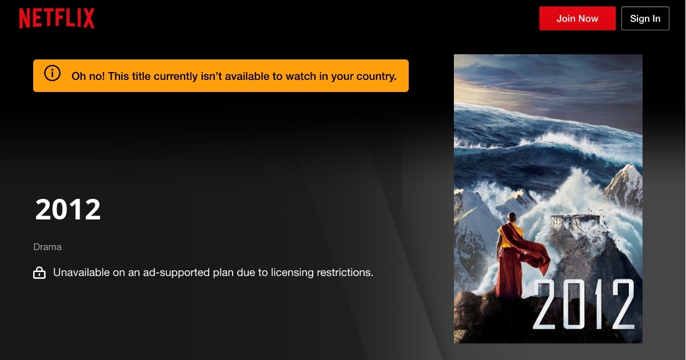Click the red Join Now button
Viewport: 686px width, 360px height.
(577, 18)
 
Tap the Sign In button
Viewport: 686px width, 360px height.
(645, 18)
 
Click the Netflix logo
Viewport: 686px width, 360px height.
(57, 18)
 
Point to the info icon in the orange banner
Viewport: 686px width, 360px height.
(52, 73)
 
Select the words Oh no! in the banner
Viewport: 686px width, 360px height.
(88, 76)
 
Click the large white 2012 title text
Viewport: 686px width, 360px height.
(68, 209)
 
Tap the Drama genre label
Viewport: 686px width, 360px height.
(47, 247)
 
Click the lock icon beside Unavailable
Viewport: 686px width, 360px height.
(39, 273)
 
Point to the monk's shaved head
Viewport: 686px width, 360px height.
(512, 218)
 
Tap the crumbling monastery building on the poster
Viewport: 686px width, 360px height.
(575, 223)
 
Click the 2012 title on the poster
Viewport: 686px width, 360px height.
(584, 304)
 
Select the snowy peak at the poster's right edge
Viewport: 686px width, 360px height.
(625, 187)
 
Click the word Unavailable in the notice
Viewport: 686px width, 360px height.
(81, 272)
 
